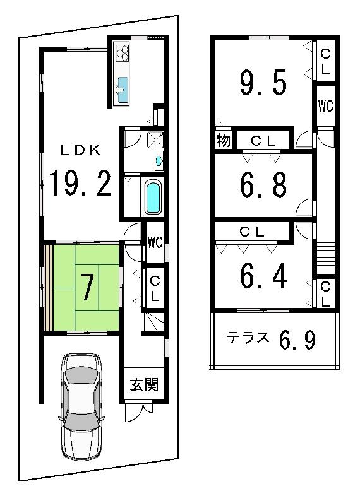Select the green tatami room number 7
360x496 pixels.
(x=87, y=286)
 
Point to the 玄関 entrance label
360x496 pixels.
(x=145, y=384)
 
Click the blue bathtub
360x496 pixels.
(x=153, y=198)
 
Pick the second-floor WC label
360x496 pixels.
(x=325, y=106)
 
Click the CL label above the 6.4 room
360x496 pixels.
(x=252, y=232)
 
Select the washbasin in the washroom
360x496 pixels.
(x=158, y=162)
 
